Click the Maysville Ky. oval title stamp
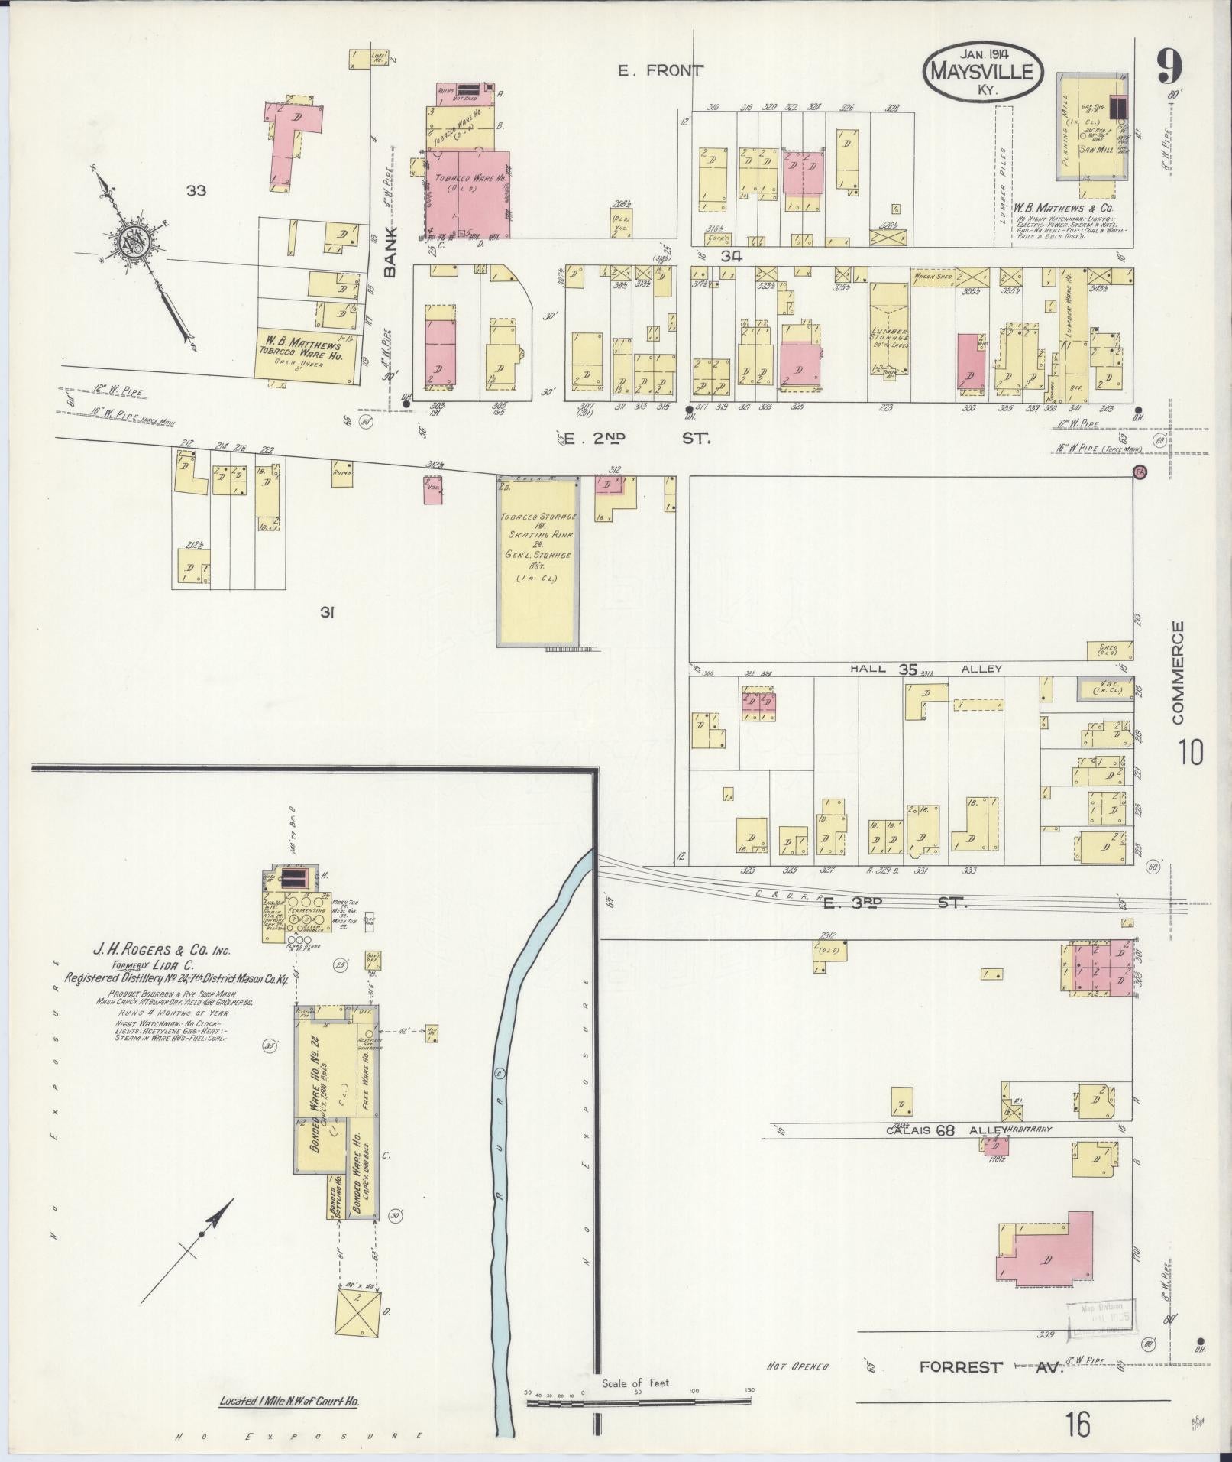(x=982, y=70)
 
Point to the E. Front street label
(x=661, y=71)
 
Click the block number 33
(x=196, y=190)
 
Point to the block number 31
(x=328, y=611)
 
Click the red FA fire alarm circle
(x=1140, y=472)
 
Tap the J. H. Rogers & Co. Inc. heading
(x=160, y=951)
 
